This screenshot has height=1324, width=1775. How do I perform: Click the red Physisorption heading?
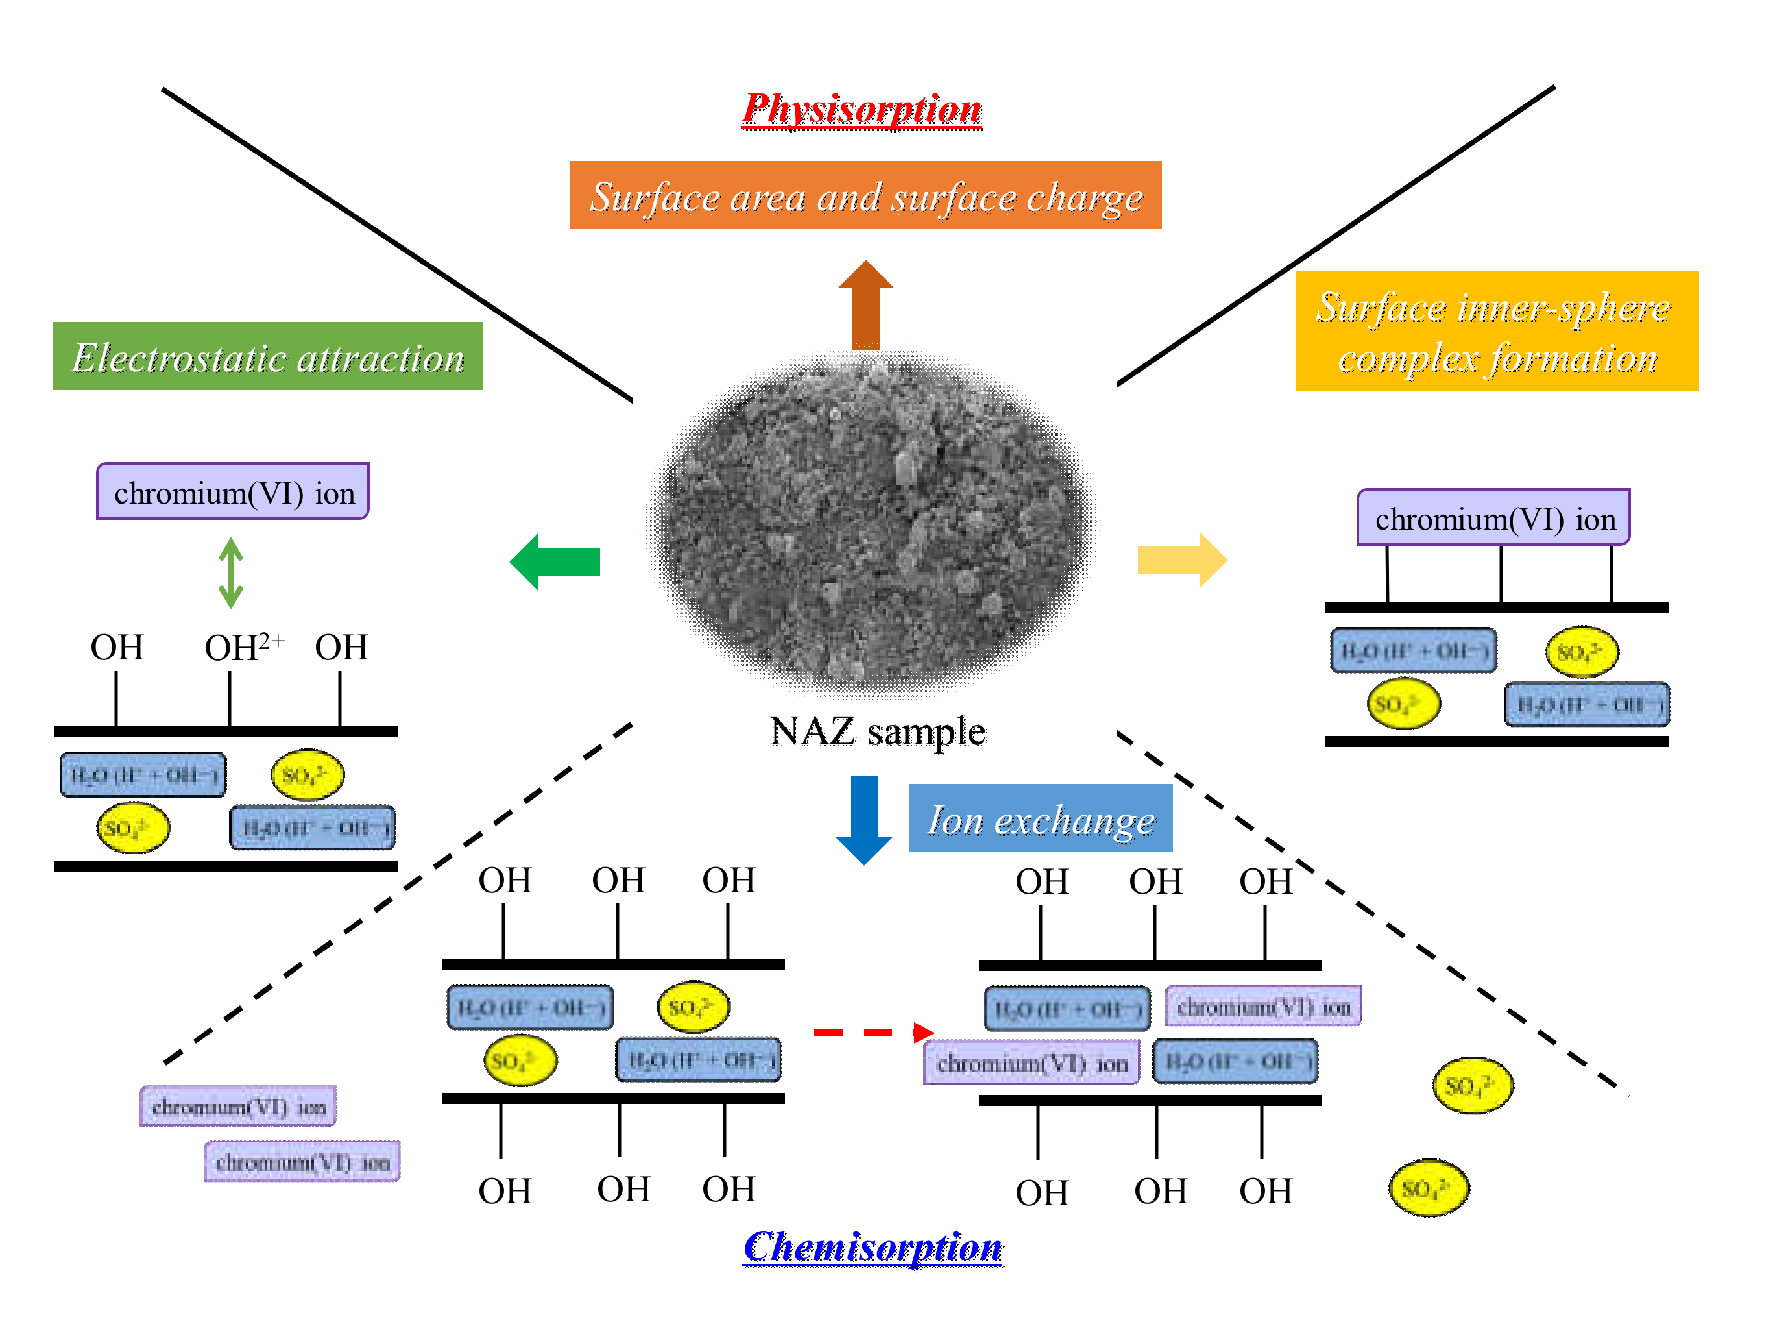pos(861,109)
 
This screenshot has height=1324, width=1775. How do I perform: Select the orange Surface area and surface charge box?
pos(865,195)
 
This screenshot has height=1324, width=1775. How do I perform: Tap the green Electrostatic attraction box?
pos(267,357)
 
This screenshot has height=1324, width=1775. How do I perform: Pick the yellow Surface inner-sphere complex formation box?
pos(1496,331)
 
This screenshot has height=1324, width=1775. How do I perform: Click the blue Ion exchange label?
pos(1040,818)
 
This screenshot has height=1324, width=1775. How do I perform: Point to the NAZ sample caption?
pos(876,731)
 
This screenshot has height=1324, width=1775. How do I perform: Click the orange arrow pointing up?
pos(865,304)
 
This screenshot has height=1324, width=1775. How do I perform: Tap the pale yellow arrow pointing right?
pos(1181,559)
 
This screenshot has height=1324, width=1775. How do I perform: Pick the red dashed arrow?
pos(873,1033)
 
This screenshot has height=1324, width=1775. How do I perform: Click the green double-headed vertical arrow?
pos(231,572)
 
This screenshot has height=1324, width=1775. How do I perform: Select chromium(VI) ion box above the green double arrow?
pos(232,492)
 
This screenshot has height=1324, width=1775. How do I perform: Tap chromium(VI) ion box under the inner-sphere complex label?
pos(1493,518)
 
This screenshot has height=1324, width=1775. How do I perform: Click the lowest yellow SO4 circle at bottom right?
pos(1429,1188)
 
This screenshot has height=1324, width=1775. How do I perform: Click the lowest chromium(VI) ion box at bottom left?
pos(302,1161)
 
